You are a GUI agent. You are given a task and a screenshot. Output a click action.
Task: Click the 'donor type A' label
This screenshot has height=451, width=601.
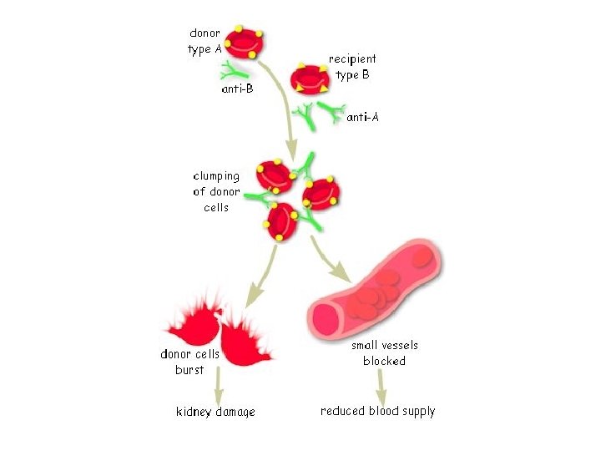(205, 41)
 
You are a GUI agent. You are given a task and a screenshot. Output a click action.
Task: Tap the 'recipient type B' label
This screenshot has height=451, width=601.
(352, 67)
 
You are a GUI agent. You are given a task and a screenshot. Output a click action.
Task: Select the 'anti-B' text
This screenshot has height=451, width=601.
(238, 89)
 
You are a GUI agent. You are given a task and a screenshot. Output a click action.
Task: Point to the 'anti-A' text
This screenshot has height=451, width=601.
(363, 117)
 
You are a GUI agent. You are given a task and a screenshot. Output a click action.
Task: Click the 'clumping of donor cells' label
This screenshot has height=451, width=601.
(216, 191)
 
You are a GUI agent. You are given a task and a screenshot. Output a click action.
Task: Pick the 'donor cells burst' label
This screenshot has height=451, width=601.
(189, 362)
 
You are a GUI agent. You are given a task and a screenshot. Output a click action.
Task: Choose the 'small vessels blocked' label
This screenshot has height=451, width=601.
(384, 352)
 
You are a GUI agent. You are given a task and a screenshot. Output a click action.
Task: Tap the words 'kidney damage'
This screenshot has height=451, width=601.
(215, 412)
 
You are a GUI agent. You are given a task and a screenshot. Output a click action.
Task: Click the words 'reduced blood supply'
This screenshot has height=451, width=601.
(378, 411)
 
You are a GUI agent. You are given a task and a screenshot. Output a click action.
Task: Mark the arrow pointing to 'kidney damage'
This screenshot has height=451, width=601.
(219, 386)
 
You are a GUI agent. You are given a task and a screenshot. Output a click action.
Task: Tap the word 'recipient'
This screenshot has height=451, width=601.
(352, 58)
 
